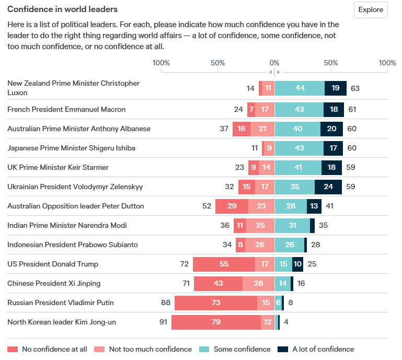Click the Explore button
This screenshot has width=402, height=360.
[x=371, y=10]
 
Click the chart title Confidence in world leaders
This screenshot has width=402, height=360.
[x=62, y=9]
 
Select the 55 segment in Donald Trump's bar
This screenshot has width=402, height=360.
[x=224, y=264]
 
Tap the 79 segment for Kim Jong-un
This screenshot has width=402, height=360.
[x=216, y=322]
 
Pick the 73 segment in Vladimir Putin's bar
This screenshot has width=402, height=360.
[x=215, y=303]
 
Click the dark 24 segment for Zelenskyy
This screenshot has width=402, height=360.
[x=328, y=187]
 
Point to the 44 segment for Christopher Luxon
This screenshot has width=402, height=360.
[x=300, y=88]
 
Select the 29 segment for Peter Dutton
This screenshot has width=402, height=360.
[x=232, y=206]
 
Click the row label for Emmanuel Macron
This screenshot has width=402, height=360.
[x=66, y=110]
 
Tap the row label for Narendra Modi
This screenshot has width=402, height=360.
[x=67, y=225]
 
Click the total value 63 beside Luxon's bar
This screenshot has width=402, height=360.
[x=355, y=88]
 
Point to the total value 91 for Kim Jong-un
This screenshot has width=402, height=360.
[x=163, y=322]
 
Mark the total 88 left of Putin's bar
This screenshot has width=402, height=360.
[x=166, y=303]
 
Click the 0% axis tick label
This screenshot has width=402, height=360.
[x=274, y=63]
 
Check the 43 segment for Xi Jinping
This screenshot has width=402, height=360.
[x=218, y=283]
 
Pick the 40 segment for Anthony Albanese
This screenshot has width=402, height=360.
[x=297, y=129]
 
